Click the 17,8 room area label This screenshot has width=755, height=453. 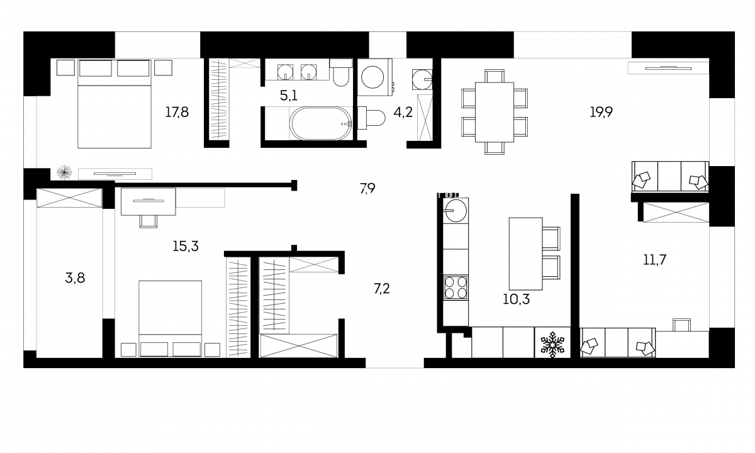[x=177, y=112]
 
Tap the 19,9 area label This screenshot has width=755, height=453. [x=601, y=112]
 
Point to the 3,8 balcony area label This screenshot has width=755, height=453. [x=75, y=278]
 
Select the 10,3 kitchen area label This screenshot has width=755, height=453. [x=516, y=299]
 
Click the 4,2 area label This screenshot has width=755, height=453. [x=403, y=112]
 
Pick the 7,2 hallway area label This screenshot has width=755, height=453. [x=381, y=289]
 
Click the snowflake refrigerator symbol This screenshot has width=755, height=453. [x=552, y=345]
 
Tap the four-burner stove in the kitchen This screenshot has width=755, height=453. [x=456, y=288]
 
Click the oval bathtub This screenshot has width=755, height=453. [x=321, y=123]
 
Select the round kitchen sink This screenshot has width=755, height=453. [x=456, y=211]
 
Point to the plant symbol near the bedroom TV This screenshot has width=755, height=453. [x=64, y=172]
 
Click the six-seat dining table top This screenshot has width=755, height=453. [x=495, y=112]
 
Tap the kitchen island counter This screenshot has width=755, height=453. [x=525, y=254]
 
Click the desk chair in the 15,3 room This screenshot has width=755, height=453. [x=148, y=221]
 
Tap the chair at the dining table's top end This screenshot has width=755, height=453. [x=495, y=76]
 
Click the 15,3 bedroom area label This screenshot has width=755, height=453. [x=186, y=247]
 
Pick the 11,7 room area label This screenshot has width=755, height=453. [x=654, y=260]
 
